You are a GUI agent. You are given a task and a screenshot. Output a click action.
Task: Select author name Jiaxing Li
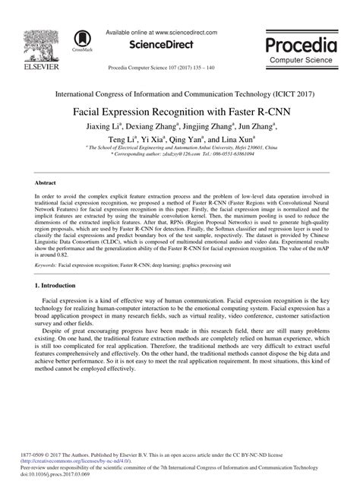pos(102,124)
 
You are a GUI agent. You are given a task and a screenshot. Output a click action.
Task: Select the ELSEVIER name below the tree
pos(31,68)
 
